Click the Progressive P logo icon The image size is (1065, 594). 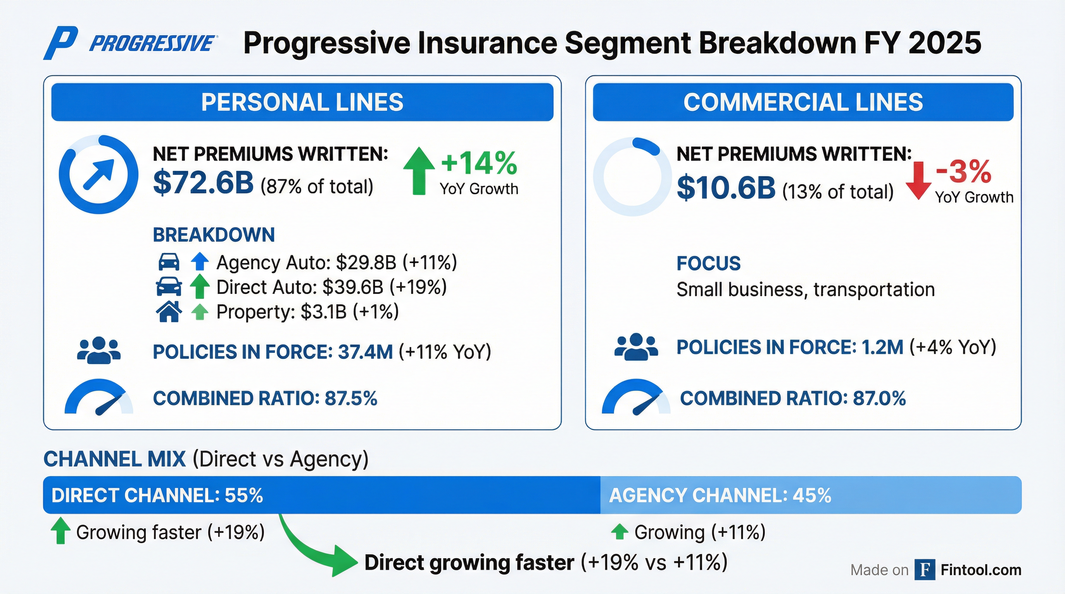(61, 43)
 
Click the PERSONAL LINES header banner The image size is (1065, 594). (302, 102)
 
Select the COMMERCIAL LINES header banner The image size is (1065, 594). (803, 102)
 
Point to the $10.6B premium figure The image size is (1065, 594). (726, 188)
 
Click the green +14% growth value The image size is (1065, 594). (479, 163)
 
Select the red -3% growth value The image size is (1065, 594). (963, 172)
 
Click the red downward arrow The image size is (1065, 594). (918, 181)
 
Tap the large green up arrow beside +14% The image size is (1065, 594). (419, 171)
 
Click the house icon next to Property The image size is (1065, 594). (169, 311)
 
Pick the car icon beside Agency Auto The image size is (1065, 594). (169, 262)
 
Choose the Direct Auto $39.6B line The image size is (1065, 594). (331, 287)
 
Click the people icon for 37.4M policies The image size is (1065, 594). (99, 351)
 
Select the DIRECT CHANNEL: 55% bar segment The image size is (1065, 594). (321, 495)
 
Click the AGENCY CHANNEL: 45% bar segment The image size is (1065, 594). (810, 495)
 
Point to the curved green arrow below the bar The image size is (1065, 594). (314, 550)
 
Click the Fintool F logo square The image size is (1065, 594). (925, 570)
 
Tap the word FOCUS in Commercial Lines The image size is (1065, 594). (708, 263)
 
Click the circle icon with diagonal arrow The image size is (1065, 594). (98, 174)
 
